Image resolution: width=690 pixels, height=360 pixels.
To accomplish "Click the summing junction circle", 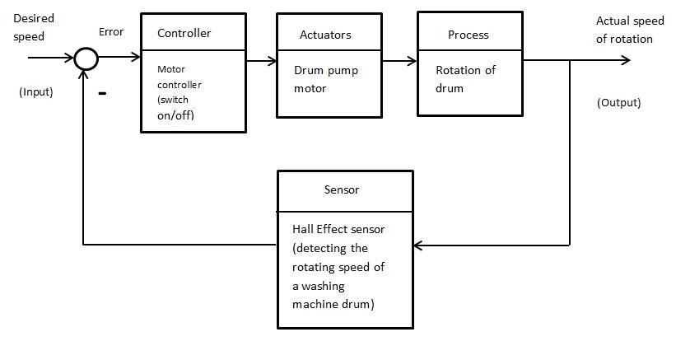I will pyautogui.click(x=86, y=59).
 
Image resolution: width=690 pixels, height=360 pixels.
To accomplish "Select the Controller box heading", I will pyautogui.click(x=184, y=34).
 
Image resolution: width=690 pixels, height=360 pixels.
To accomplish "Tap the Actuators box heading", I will pyautogui.click(x=325, y=35).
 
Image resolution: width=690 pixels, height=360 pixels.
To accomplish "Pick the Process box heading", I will pyautogui.click(x=468, y=35).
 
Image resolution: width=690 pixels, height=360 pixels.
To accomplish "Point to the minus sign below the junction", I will pyautogui.click(x=103, y=94).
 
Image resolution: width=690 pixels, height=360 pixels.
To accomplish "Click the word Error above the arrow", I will pyautogui.click(x=110, y=32).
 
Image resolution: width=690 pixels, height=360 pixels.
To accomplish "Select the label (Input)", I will pyautogui.click(x=36, y=92).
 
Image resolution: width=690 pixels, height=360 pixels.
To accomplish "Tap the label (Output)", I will pyautogui.click(x=618, y=103).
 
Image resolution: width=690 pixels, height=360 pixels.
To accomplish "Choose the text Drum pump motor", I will pyautogui.click(x=326, y=79).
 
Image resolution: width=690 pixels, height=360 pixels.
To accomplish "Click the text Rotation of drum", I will pyautogui.click(x=465, y=79).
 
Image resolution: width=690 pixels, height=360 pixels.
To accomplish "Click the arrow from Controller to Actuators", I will pyautogui.click(x=262, y=60).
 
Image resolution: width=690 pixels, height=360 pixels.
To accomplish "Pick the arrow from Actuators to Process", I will pyautogui.click(x=403, y=60).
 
